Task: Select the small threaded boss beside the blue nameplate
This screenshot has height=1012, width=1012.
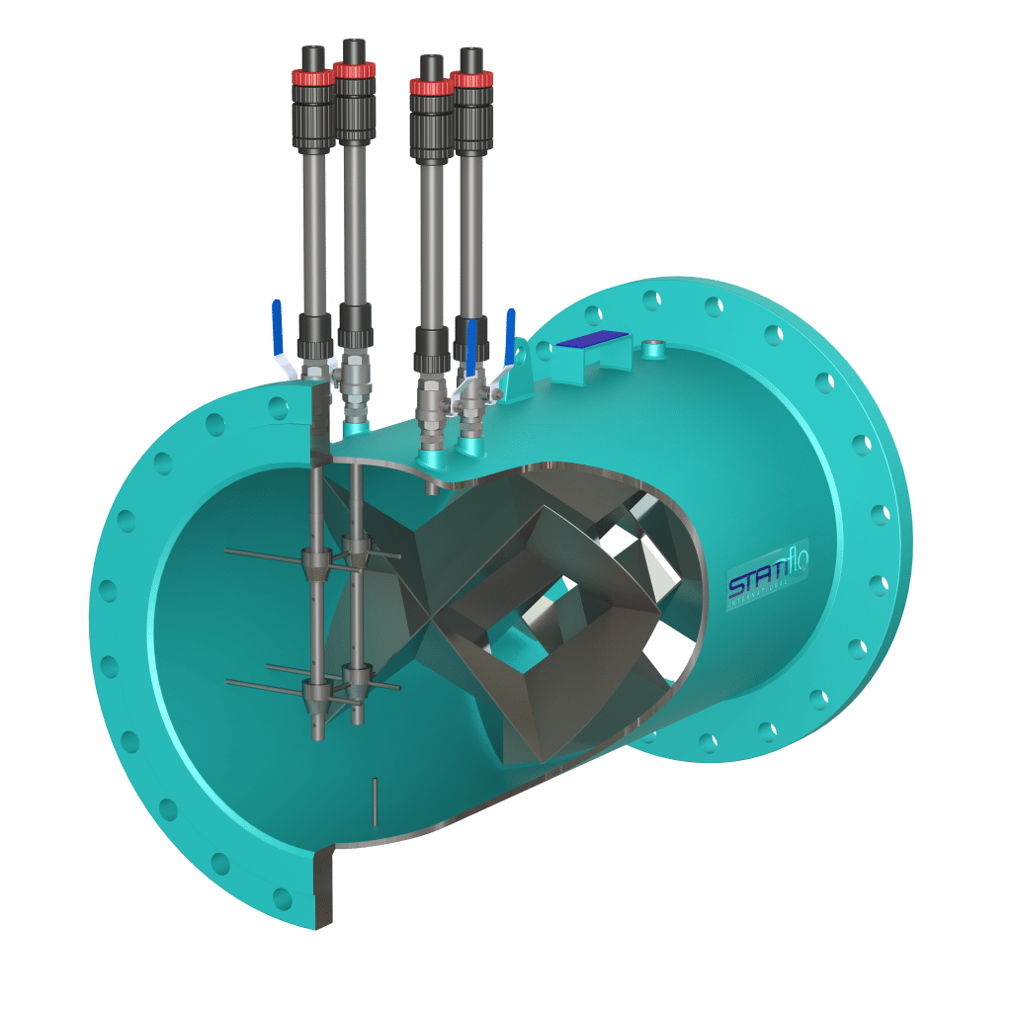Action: [652, 349]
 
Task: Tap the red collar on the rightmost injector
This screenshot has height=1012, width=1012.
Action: [471, 78]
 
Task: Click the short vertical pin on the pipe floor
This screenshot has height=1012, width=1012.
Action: [376, 801]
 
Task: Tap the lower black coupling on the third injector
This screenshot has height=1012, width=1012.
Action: [432, 345]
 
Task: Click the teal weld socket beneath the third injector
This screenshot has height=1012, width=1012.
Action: [431, 457]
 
